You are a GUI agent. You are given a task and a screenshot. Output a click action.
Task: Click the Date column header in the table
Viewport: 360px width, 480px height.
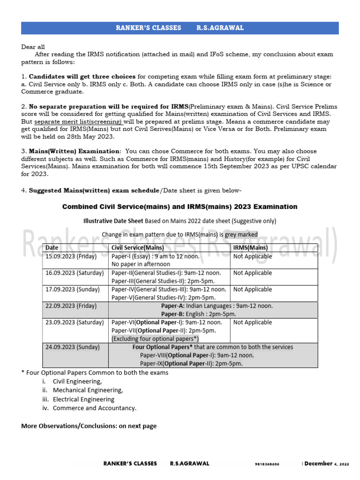tap(52, 247)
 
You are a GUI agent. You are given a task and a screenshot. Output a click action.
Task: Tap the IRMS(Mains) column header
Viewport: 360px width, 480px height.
tap(250, 247)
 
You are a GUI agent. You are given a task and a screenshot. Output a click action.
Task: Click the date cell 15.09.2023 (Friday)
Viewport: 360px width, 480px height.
tap(71, 256)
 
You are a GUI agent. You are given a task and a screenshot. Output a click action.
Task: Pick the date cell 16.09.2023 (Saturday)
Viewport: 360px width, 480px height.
tap(74, 273)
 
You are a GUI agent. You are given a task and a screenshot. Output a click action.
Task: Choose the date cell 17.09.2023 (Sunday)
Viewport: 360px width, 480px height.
tap(72, 289)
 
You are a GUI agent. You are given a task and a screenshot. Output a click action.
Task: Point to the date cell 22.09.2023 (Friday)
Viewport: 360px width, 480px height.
tap(71, 306)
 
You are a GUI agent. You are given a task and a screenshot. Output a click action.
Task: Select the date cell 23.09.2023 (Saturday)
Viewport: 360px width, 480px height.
tap(74, 322)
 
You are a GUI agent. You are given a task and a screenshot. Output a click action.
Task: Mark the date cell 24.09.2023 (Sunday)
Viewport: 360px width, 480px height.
tap(72, 347)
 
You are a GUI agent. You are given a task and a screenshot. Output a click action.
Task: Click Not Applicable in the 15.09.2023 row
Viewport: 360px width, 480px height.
tap(252, 256)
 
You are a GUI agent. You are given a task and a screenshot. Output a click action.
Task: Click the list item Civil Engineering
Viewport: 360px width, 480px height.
tap(77, 382)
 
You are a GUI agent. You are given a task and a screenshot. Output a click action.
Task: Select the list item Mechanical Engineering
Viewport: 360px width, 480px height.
tap(88, 390)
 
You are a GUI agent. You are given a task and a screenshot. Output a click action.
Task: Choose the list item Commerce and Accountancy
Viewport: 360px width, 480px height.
tap(94, 408)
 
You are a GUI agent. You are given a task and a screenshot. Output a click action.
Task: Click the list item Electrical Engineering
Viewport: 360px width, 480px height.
tap(83, 399)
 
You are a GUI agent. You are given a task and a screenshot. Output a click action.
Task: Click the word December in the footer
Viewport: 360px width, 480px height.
tap(319, 464)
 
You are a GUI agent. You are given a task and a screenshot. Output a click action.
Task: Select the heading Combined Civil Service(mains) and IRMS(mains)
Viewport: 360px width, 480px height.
tap(180, 207)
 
